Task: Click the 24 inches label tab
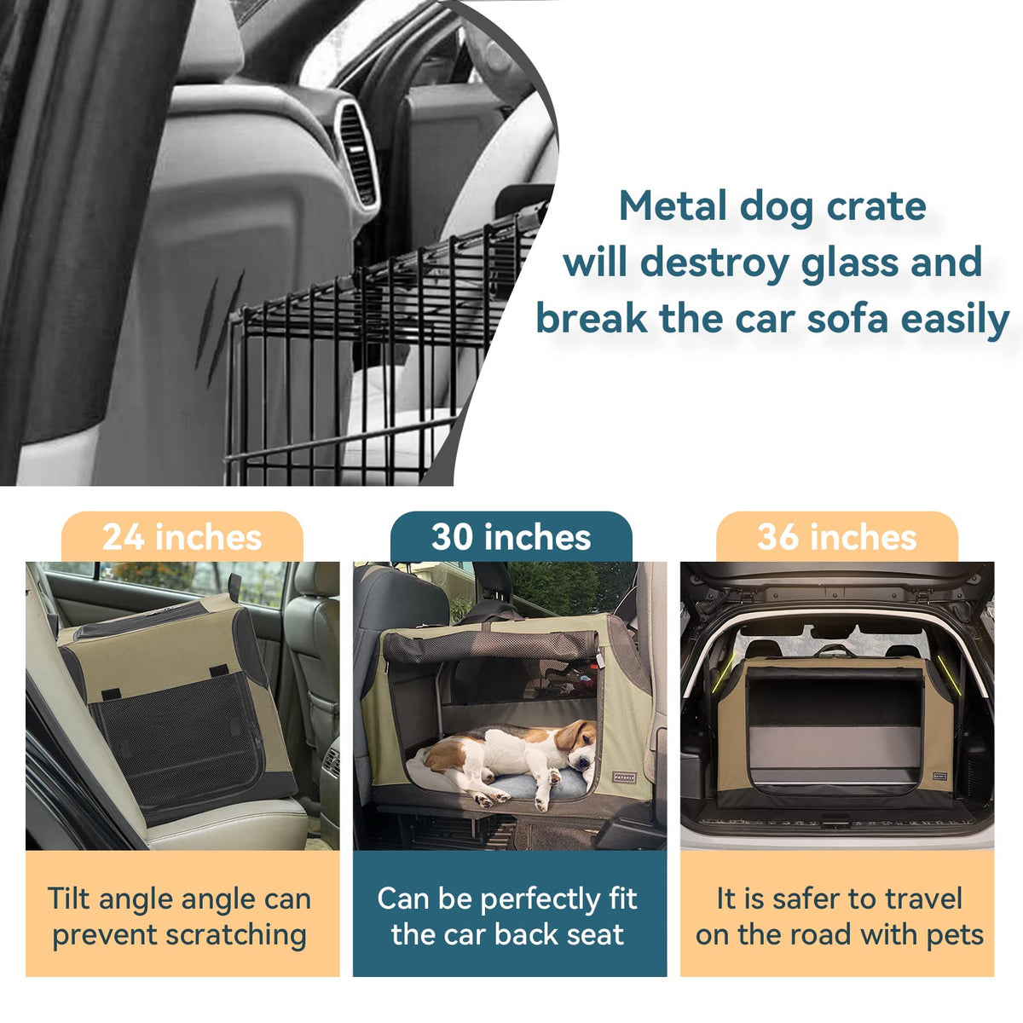click(182, 537)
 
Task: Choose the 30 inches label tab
click(511, 537)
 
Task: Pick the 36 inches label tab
click(836, 537)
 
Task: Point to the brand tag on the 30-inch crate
click(624, 775)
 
